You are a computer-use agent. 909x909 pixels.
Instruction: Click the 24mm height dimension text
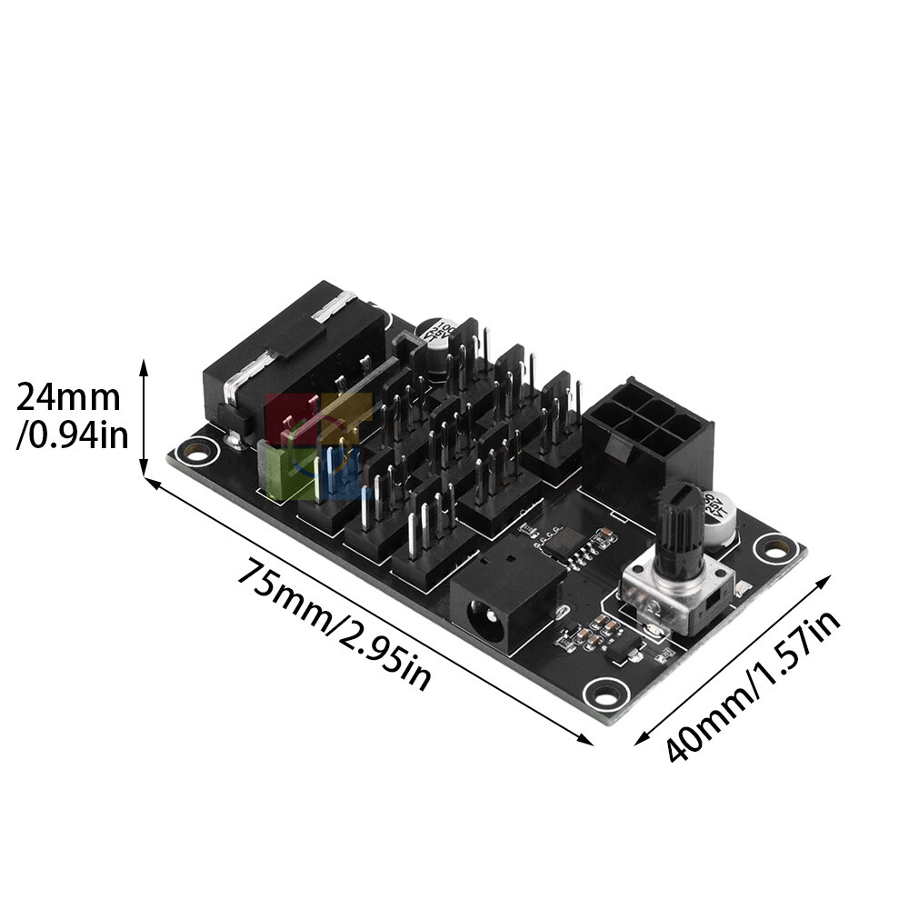click(x=68, y=398)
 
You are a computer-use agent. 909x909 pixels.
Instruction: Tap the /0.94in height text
click(x=72, y=435)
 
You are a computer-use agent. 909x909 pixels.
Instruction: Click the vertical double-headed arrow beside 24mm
click(x=144, y=418)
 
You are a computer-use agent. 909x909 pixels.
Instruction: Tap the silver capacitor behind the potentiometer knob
click(x=719, y=518)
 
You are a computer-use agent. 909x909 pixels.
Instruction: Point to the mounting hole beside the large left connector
click(x=195, y=449)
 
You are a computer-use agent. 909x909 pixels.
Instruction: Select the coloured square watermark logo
click(x=317, y=445)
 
